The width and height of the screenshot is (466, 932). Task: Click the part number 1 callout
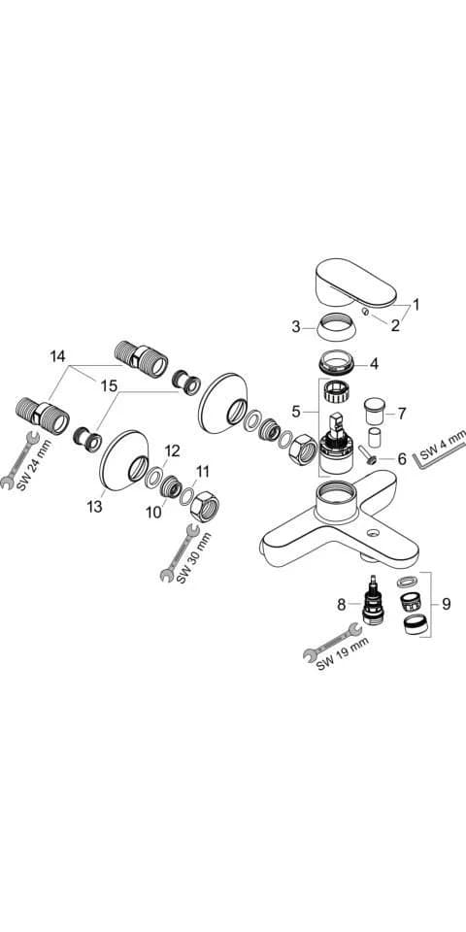coord(416,305)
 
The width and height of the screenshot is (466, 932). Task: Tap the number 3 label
coord(296,326)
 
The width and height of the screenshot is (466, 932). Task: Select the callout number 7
coord(402,412)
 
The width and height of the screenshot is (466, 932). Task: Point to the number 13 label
coord(94,507)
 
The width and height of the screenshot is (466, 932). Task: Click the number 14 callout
coord(57,356)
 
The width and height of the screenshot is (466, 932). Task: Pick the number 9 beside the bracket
coord(446,605)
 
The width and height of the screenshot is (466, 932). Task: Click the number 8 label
coord(341,605)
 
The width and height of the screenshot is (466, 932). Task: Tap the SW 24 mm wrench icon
coord(19,460)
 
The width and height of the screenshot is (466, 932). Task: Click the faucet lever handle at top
coord(355,283)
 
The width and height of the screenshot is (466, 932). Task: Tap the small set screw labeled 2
coord(366,312)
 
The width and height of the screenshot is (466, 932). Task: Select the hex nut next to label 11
coord(205,507)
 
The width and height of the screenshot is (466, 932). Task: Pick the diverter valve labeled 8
coord(372,599)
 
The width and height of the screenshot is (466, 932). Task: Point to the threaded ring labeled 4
coord(338,362)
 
